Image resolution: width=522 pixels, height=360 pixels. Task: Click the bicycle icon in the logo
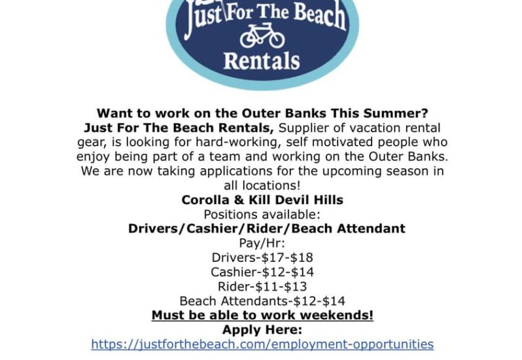click(262, 35)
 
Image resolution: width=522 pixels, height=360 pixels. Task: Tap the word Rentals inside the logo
click(262, 61)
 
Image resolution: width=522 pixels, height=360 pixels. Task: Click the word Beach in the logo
click(320, 15)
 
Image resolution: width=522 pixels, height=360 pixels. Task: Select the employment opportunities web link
click(262, 344)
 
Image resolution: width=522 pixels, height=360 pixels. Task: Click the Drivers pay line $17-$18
click(262, 257)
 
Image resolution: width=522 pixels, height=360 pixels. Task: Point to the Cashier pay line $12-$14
click(262, 272)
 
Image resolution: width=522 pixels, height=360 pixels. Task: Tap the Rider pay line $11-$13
click(262, 287)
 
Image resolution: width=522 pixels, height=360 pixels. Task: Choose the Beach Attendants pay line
click(262, 301)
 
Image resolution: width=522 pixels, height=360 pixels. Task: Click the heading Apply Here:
click(262, 330)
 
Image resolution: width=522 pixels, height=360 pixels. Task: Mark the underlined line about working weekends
click(262, 315)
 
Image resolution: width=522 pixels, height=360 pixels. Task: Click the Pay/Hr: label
click(262, 243)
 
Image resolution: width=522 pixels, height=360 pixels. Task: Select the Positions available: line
click(262, 215)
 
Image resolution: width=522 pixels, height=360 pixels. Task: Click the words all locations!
click(262, 185)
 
